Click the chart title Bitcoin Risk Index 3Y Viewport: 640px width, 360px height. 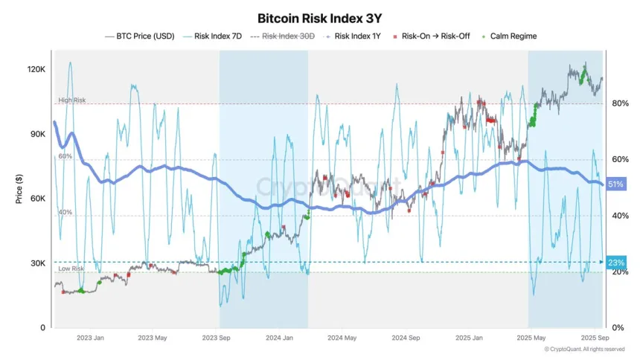tap(319, 18)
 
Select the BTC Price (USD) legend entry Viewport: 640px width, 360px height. tap(145, 36)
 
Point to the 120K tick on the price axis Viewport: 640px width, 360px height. tap(36, 68)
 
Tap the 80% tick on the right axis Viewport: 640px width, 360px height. tap(621, 103)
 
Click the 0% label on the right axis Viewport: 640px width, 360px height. tap(618, 328)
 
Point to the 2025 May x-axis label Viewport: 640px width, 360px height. tap(528, 338)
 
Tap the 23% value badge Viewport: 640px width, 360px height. tap(615, 262)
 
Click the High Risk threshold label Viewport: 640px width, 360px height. tap(72, 100)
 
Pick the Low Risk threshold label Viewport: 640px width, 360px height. tap(71, 268)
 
